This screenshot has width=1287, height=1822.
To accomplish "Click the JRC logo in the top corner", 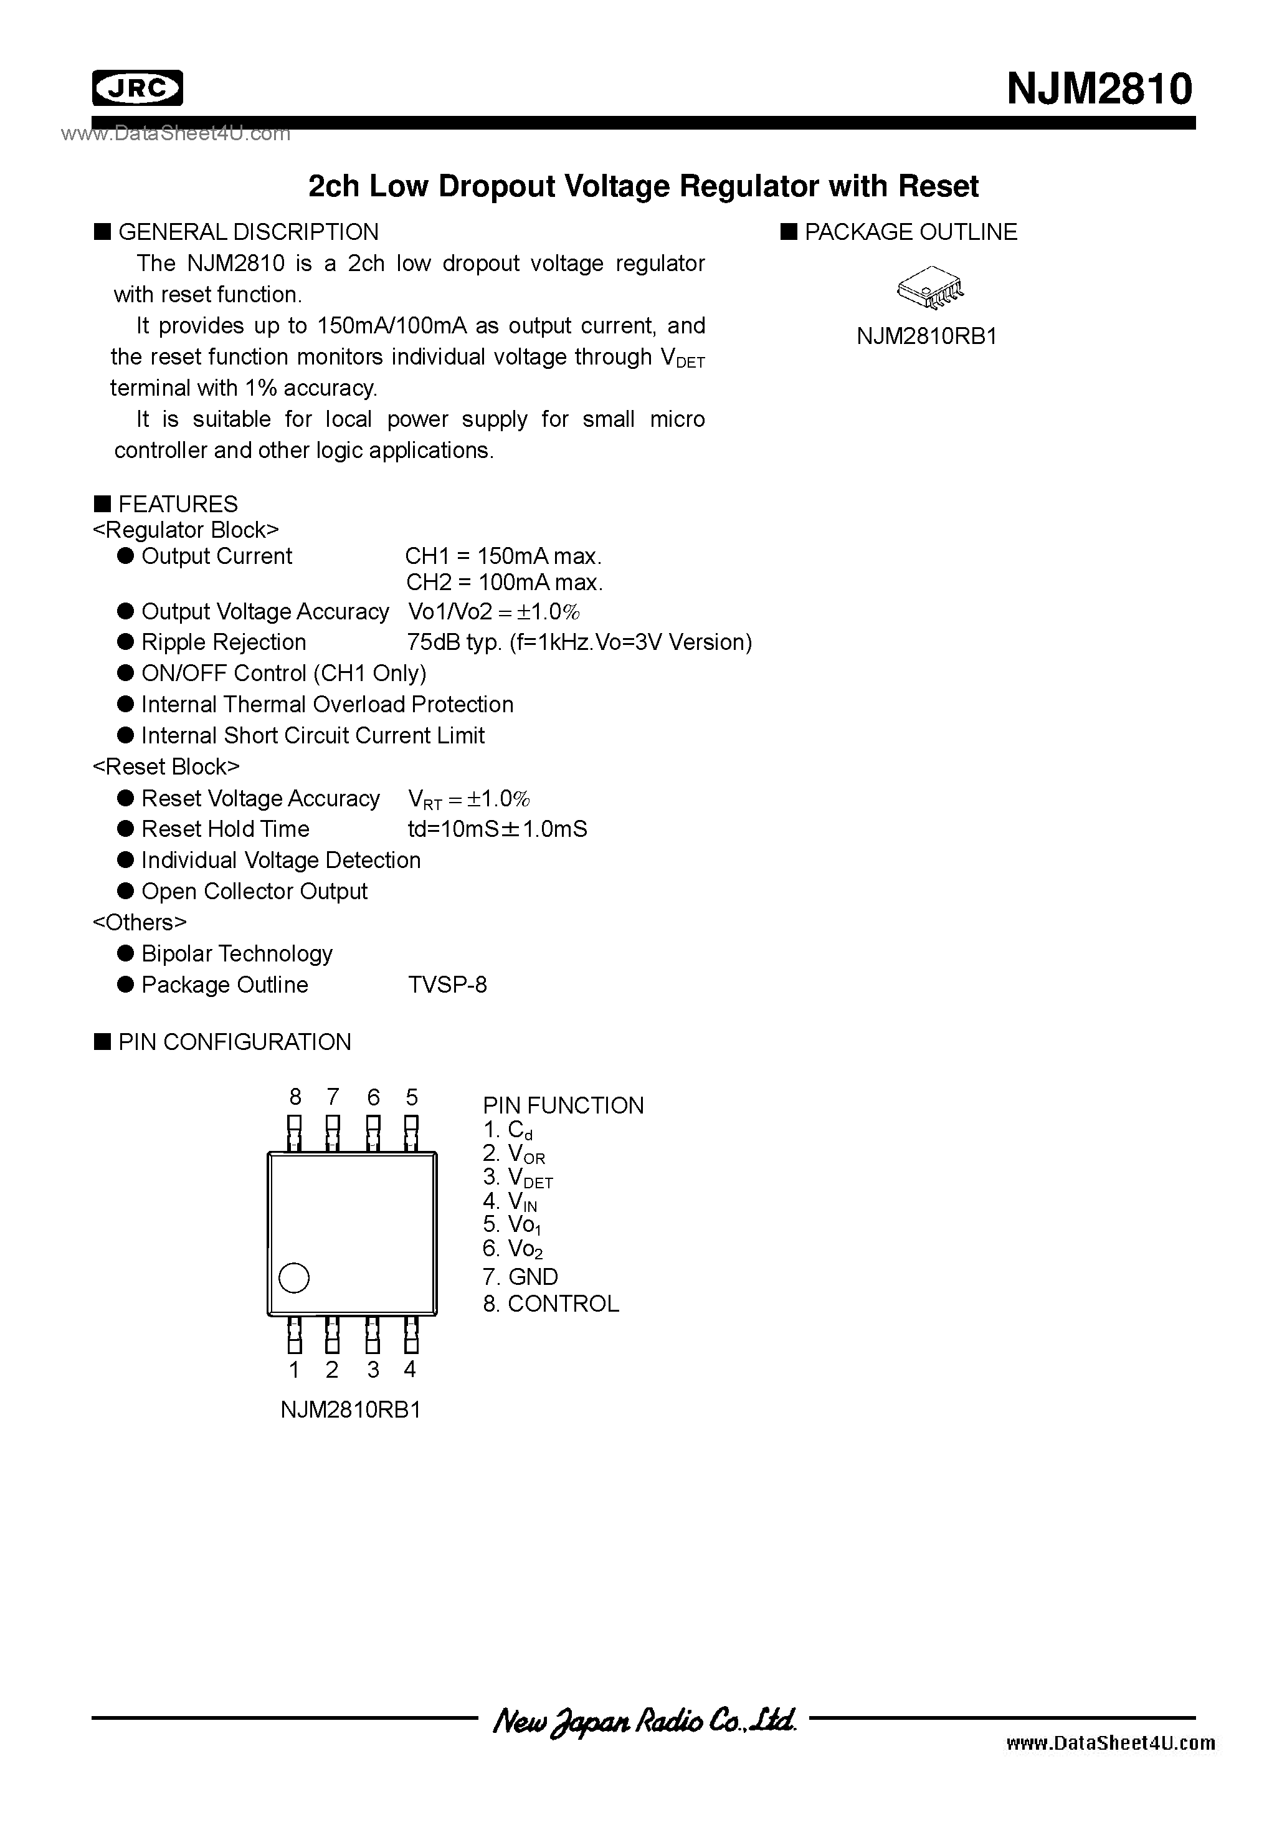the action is pyautogui.click(x=137, y=88).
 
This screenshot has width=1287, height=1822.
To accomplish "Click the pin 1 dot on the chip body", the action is pyautogui.click(x=293, y=1277).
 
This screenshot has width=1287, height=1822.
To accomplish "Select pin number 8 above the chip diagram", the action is pyautogui.click(x=295, y=1097).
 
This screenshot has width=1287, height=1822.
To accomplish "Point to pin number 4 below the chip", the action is pyautogui.click(x=409, y=1369).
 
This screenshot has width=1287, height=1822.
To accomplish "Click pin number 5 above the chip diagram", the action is pyautogui.click(x=411, y=1097).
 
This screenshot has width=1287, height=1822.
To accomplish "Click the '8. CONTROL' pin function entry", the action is pyautogui.click(x=551, y=1304).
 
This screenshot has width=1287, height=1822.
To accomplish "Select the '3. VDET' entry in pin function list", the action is pyautogui.click(x=517, y=1178).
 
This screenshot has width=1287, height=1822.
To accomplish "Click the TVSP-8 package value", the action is pyautogui.click(x=447, y=985).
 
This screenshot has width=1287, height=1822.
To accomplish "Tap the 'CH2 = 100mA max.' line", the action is pyautogui.click(x=505, y=583).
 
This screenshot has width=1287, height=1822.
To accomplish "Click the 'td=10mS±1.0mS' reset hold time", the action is pyautogui.click(x=498, y=829).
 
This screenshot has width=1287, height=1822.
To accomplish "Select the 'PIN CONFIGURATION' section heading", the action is pyautogui.click(x=234, y=1042).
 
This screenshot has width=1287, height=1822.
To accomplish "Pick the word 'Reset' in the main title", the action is pyautogui.click(x=939, y=186).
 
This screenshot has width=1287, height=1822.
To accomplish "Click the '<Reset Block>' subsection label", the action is pyautogui.click(x=166, y=766).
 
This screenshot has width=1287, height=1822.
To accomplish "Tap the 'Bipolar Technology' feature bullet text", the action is pyautogui.click(x=237, y=954).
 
